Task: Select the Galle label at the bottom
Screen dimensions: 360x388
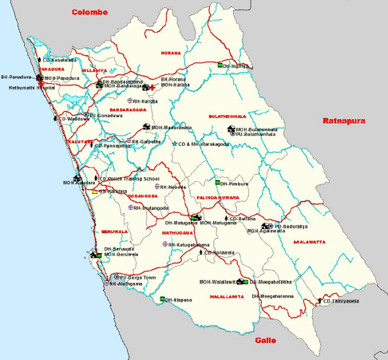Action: (265, 340)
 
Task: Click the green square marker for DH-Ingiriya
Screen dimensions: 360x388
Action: (220, 65)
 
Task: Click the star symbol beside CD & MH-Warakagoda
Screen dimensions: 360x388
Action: (175, 144)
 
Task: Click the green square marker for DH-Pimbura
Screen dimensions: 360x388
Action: (217, 183)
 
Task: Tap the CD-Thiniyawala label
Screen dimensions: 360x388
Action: (341, 302)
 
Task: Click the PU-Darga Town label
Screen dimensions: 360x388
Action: (137, 277)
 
